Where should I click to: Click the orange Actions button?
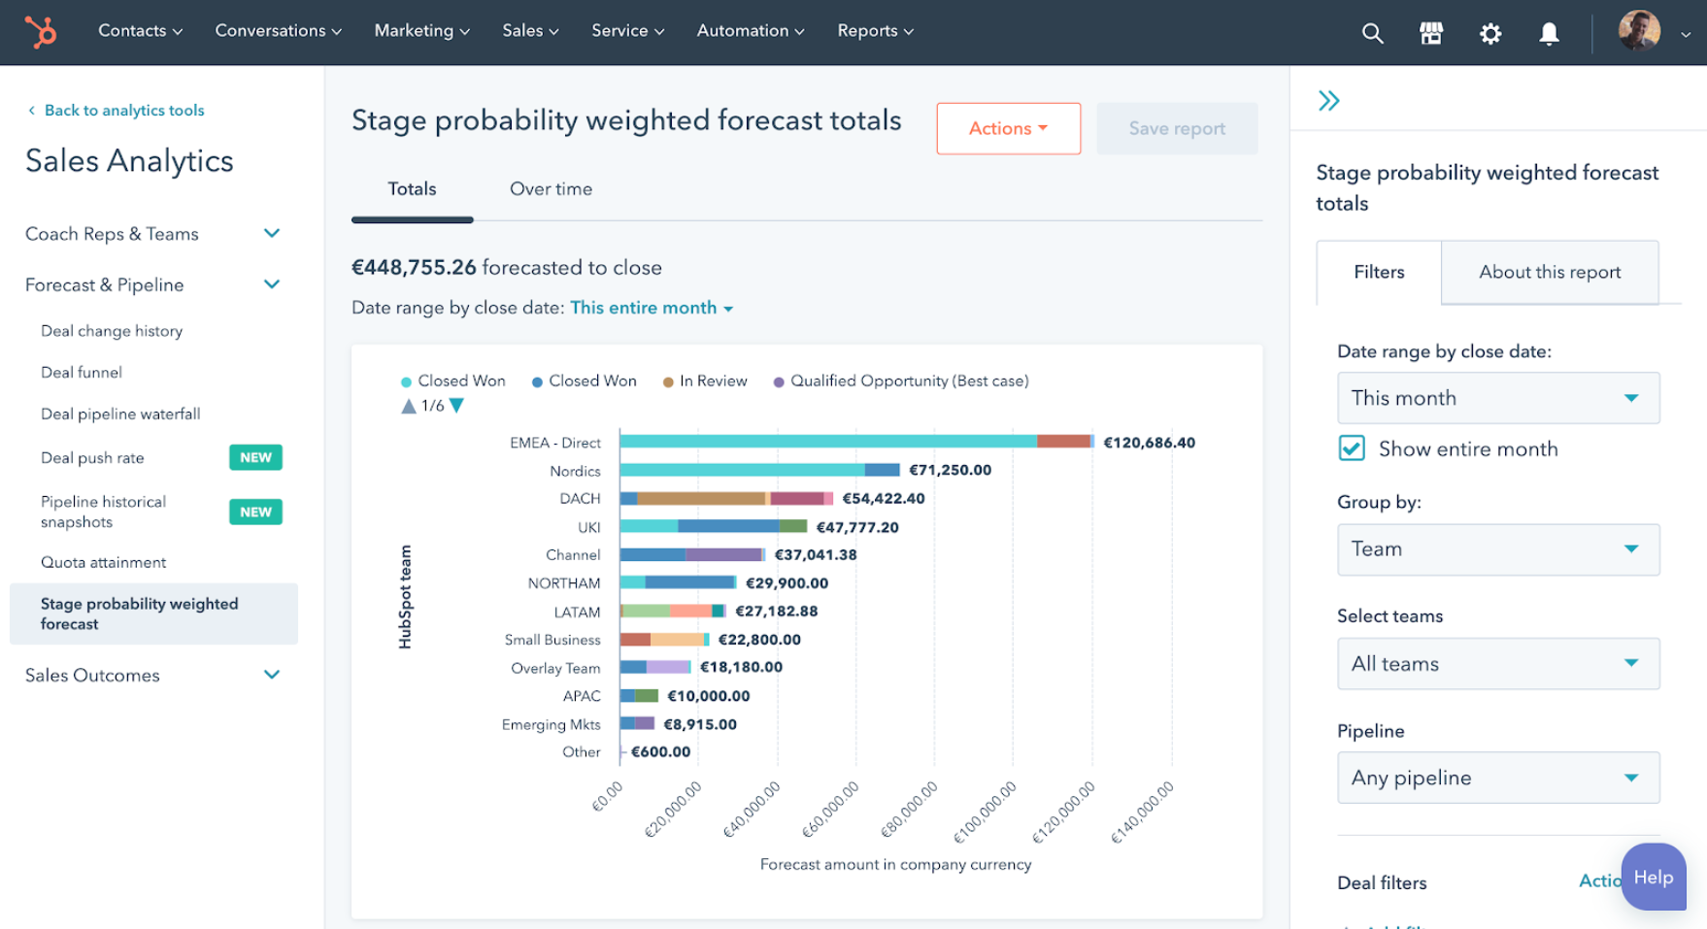[1008, 128]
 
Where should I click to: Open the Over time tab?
[551, 189]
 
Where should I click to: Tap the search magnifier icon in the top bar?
[1372, 34]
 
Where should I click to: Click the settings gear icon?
[1489, 34]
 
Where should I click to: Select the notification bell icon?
[1549, 34]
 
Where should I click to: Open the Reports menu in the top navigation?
[875, 31]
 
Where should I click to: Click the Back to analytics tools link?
[124, 111]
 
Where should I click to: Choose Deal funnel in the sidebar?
[82, 373]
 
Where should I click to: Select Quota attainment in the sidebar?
[103, 562]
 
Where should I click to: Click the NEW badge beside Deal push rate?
[255, 457]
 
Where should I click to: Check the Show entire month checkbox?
[1352, 448]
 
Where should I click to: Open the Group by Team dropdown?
[1497, 549]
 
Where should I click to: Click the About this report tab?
[1549, 273]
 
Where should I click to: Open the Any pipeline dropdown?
[1497, 778]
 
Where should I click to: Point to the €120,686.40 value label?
[1149, 443]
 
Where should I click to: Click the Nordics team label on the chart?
[575, 471]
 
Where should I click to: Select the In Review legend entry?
[713, 382]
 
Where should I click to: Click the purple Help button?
[1653, 878]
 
